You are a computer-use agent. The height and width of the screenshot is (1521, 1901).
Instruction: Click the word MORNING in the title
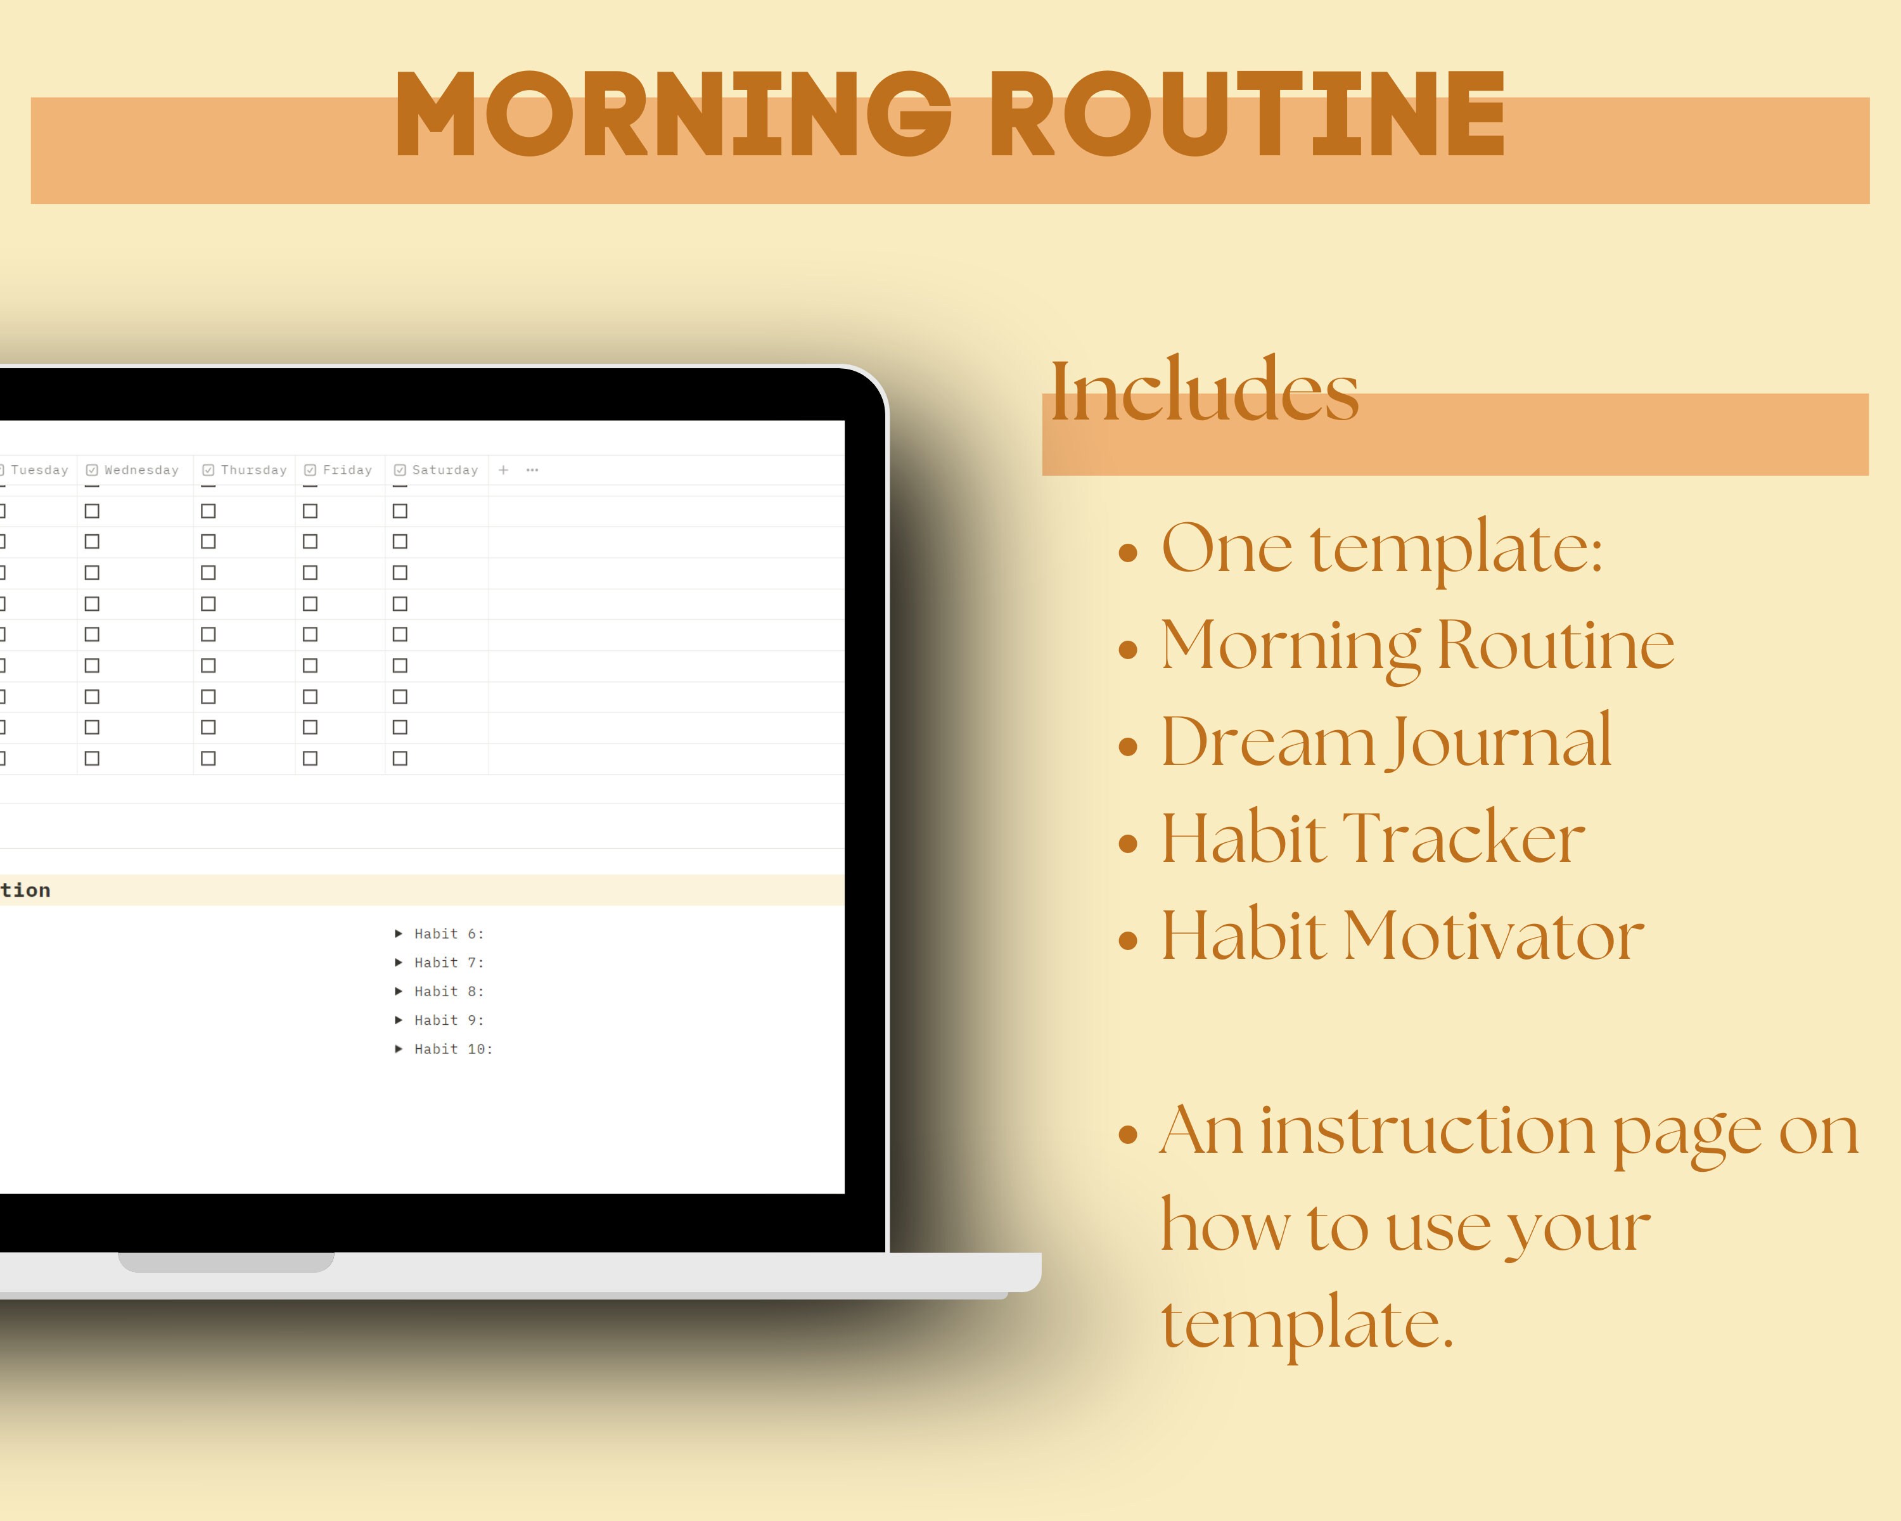coord(672,115)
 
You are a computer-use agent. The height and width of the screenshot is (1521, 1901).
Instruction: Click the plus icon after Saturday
coord(504,470)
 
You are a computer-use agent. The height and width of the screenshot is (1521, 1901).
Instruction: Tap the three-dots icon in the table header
coord(532,470)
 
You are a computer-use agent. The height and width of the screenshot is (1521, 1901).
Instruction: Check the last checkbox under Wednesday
coord(92,759)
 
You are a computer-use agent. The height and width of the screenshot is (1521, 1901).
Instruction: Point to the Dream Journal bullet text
coord(1386,742)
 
